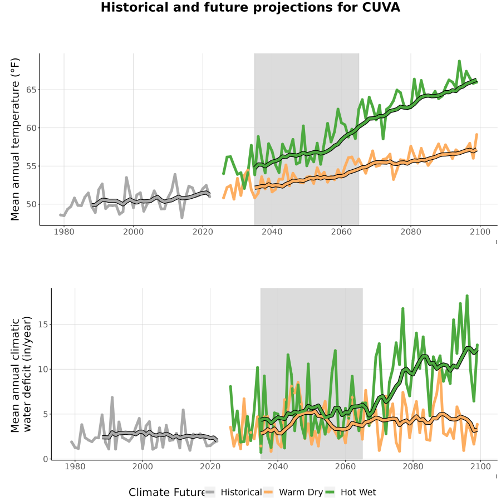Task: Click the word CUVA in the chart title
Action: tap(381, 7)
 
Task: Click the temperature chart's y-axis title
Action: tap(15, 139)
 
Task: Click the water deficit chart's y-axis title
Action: tap(21, 374)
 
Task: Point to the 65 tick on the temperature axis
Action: tap(31, 90)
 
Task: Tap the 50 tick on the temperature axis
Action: tap(31, 204)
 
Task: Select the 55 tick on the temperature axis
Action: tap(31, 166)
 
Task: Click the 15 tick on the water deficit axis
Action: tap(43, 325)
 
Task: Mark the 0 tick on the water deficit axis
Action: tap(46, 459)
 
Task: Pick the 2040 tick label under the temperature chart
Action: tap(272, 232)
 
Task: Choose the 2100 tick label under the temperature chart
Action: tap(480, 232)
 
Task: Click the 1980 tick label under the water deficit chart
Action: tap(75, 466)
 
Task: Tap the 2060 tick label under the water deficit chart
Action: tap(345, 466)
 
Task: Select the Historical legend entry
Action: tap(233, 492)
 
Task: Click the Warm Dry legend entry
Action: tap(293, 492)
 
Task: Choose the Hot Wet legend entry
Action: tap(351, 492)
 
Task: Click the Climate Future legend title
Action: tap(167, 492)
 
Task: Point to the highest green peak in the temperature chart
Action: tap(459, 61)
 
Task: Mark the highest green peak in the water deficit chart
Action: tap(467, 296)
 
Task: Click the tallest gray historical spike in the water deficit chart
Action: tap(112, 397)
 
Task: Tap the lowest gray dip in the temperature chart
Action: tap(182, 218)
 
